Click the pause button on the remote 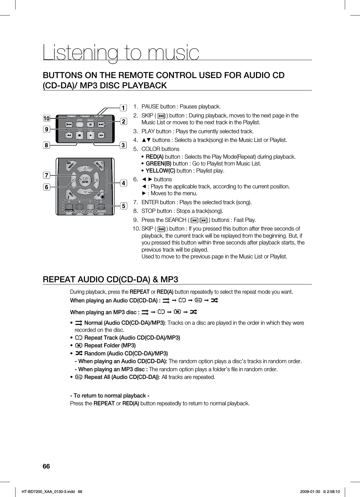pyautogui.click(x=90, y=125)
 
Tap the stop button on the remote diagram pyautogui.click(x=80, y=135)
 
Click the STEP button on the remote pyautogui.click(x=79, y=120)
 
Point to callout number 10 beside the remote pyautogui.click(x=47, y=118)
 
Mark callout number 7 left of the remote pyautogui.click(x=47, y=176)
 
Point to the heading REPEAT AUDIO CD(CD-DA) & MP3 pyautogui.click(x=110, y=280)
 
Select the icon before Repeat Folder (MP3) pyautogui.click(x=79, y=345)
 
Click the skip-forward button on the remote pyautogui.click(x=101, y=125)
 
